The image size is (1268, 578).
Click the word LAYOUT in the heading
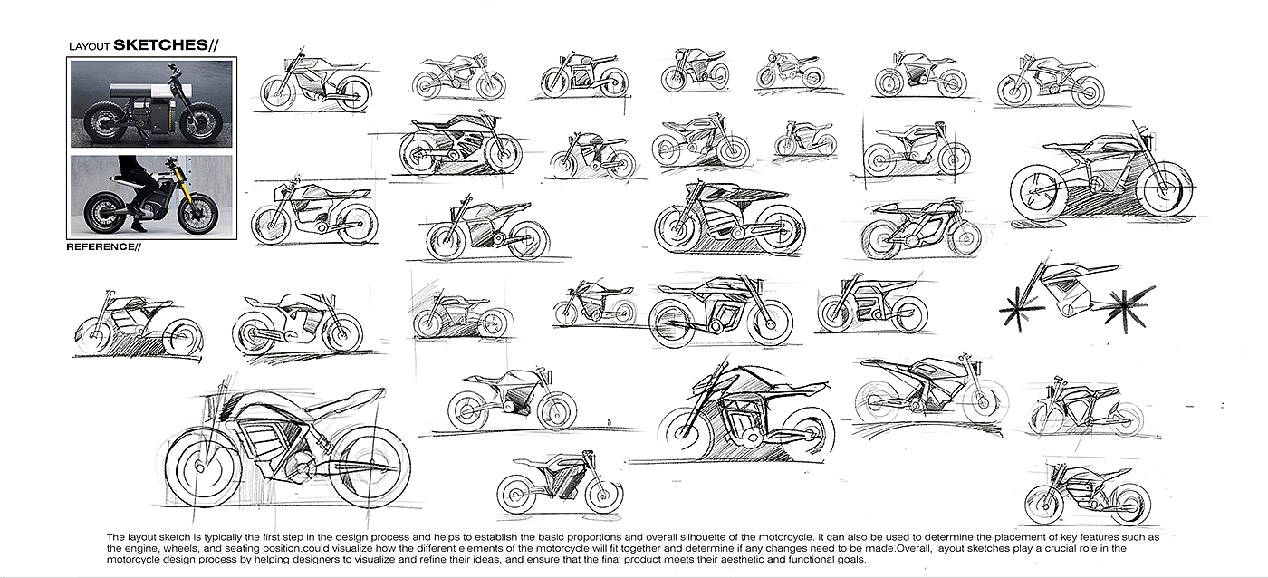coord(89,47)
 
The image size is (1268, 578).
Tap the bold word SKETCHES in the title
coord(160,45)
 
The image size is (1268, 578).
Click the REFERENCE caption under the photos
coord(101,246)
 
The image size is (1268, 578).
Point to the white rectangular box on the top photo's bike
coord(139,90)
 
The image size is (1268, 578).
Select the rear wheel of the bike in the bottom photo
coord(104,213)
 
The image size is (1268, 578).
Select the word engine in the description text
coord(139,549)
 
